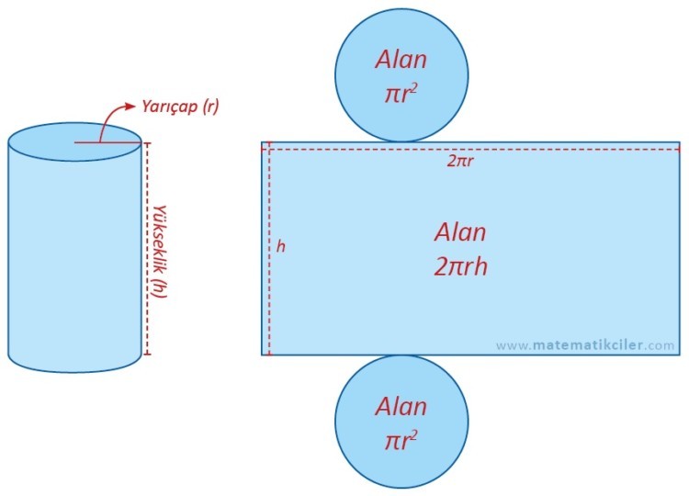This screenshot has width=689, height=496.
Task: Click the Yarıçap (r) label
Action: click(x=180, y=105)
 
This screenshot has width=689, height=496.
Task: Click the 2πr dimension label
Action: click(x=460, y=162)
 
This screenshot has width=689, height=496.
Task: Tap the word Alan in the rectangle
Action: click(x=460, y=232)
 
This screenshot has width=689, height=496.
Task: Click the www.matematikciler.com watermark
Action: click(x=585, y=346)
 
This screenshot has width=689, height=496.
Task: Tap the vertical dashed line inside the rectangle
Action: click(x=269, y=303)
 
